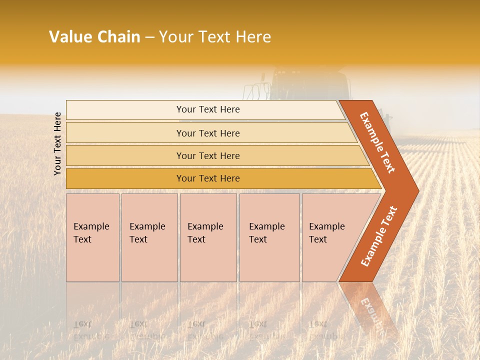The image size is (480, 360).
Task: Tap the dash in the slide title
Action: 149,37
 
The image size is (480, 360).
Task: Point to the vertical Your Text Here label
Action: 57,144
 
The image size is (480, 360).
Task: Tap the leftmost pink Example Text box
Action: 92,237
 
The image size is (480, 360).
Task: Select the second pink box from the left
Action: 149,237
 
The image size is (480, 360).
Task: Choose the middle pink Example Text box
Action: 208,237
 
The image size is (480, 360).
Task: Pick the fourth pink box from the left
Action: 269,237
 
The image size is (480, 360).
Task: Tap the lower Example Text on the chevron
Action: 378,236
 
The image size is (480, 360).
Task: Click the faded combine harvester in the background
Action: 300,85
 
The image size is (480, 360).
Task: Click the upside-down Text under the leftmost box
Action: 82,324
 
